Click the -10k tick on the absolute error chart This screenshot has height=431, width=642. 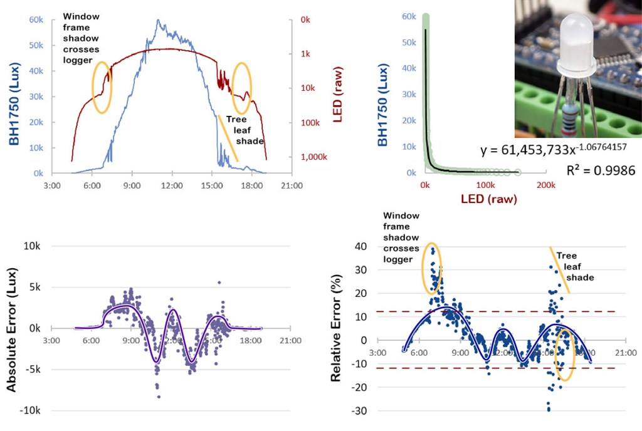(30, 410)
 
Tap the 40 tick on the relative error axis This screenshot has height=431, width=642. (361, 246)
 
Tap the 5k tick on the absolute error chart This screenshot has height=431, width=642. (32, 287)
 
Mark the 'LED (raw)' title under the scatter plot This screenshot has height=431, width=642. (485, 199)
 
